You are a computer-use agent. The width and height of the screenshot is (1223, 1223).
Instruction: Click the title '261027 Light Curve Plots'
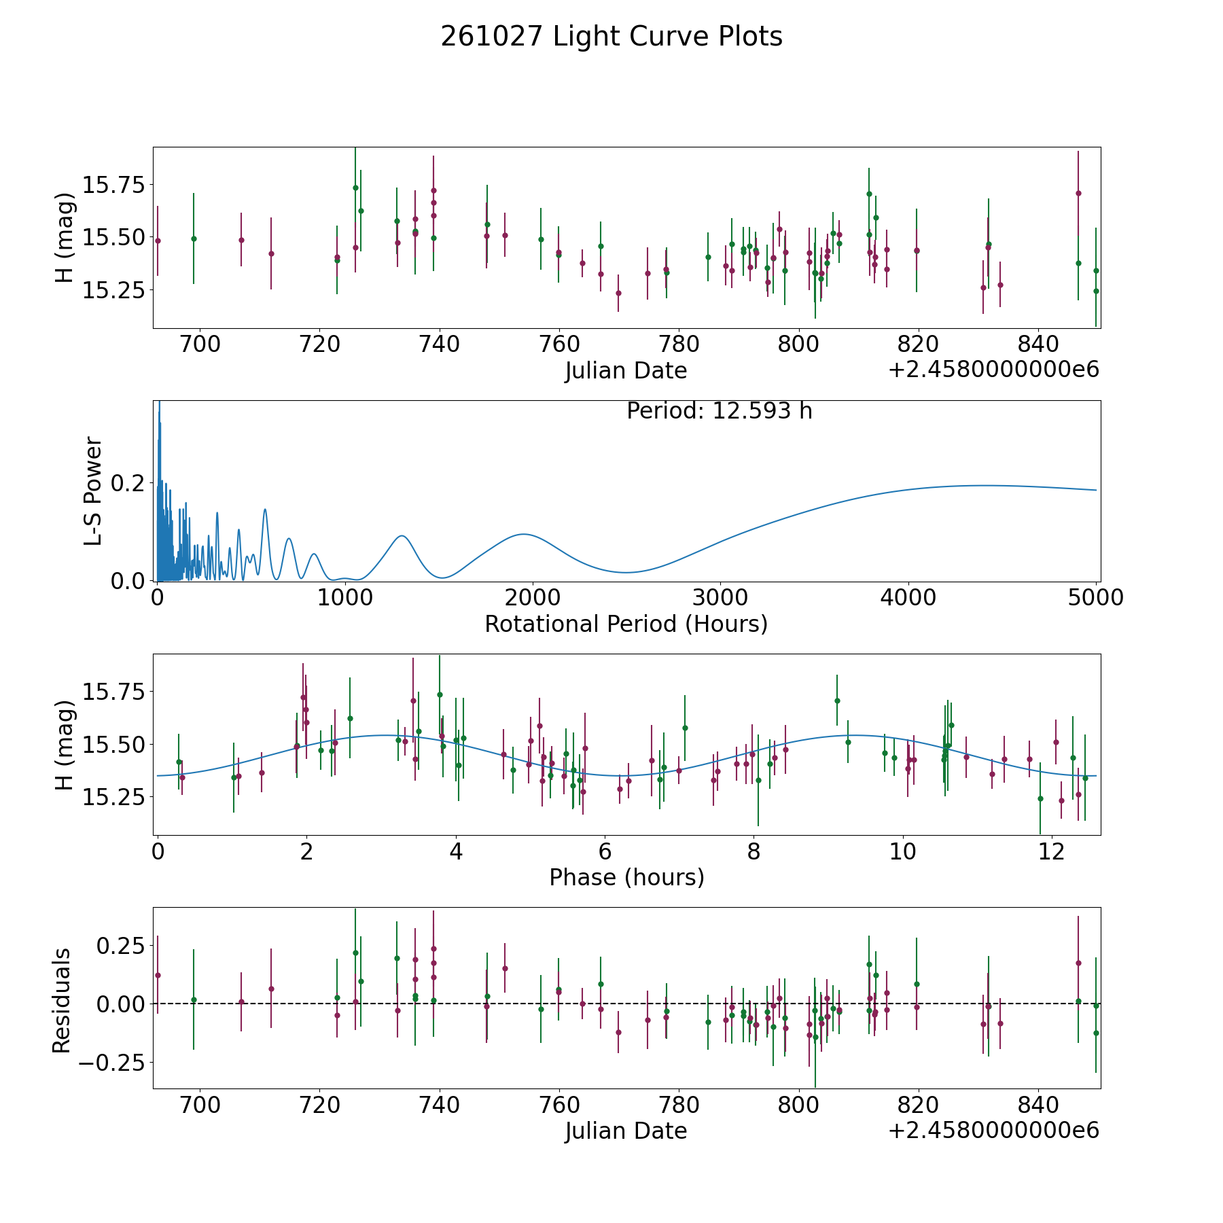(x=611, y=37)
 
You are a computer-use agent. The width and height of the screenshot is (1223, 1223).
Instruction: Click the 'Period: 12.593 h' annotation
(x=720, y=411)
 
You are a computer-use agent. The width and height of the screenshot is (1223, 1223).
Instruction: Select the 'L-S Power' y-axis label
(x=93, y=491)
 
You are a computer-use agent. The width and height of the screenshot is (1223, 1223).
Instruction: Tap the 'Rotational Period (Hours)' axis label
(x=626, y=624)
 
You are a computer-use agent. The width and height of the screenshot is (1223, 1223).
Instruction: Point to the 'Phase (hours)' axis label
(x=626, y=877)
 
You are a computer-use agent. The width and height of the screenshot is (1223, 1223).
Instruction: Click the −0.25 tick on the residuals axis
(x=107, y=1062)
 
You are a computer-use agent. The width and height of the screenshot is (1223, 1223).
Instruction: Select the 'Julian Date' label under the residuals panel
(x=626, y=1131)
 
